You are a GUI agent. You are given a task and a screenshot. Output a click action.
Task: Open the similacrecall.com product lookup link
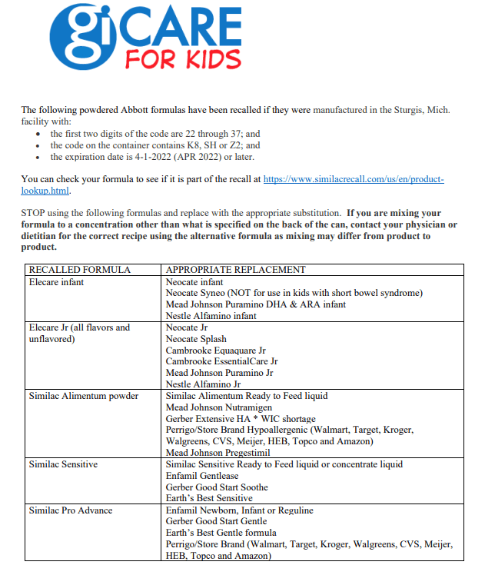tap(354, 178)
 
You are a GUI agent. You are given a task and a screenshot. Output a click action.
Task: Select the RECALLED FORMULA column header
tap(79, 270)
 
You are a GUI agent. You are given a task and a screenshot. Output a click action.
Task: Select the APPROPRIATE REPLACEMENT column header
tap(235, 270)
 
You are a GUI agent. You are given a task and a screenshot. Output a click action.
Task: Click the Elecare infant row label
tap(56, 282)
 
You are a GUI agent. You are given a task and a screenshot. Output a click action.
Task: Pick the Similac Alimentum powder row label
tap(83, 396)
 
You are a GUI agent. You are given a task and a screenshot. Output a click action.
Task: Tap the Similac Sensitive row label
tap(62, 464)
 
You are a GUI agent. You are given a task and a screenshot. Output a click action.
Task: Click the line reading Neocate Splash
tap(196, 339)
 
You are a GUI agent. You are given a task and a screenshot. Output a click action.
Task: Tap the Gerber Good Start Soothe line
tap(217, 487)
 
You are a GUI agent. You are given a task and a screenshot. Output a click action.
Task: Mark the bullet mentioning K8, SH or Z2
tap(155, 145)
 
